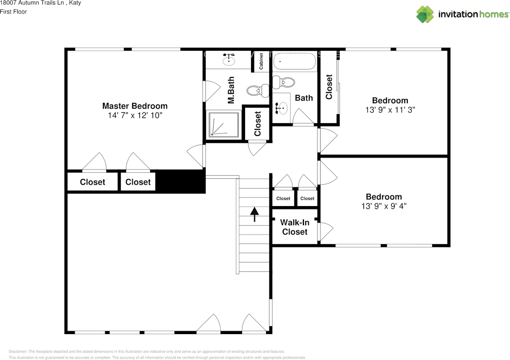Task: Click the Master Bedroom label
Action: click(x=135, y=106)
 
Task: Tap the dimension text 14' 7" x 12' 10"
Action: click(x=135, y=116)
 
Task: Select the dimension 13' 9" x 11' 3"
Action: click(x=390, y=110)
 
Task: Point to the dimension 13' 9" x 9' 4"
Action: click(x=384, y=206)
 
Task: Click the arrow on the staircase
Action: click(x=254, y=214)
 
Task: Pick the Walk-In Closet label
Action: click(x=294, y=227)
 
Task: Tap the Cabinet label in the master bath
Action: click(x=261, y=61)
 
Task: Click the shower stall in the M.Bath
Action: click(x=224, y=124)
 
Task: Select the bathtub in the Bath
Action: click(x=294, y=62)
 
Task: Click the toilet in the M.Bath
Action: click(x=255, y=90)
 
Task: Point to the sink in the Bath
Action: click(x=282, y=107)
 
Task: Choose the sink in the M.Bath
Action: click(x=229, y=59)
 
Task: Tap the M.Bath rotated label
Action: click(x=231, y=90)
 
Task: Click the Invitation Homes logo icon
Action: click(x=425, y=14)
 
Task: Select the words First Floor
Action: click(x=14, y=12)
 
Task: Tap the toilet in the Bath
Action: click(x=285, y=82)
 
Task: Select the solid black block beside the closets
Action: click(x=180, y=181)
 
